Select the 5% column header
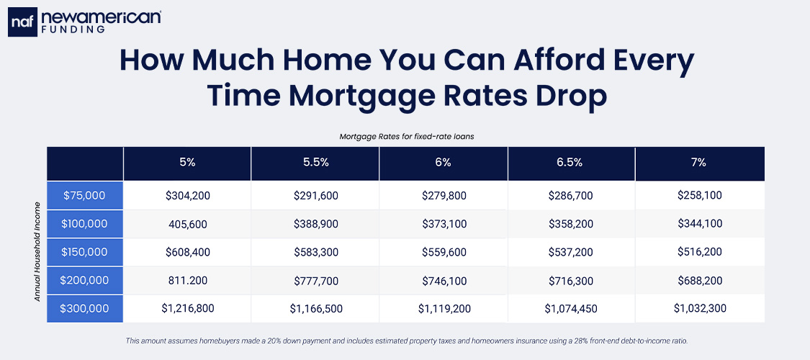(187, 163)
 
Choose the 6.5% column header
(571, 163)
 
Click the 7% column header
(699, 163)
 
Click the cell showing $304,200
(187, 195)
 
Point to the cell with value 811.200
(187, 280)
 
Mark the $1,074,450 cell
(571, 308)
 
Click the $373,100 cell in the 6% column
(443, 224)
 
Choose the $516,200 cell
(699, 252)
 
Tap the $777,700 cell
(315, 280)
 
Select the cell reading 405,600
(187, 224)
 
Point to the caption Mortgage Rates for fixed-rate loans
(405, 135)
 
